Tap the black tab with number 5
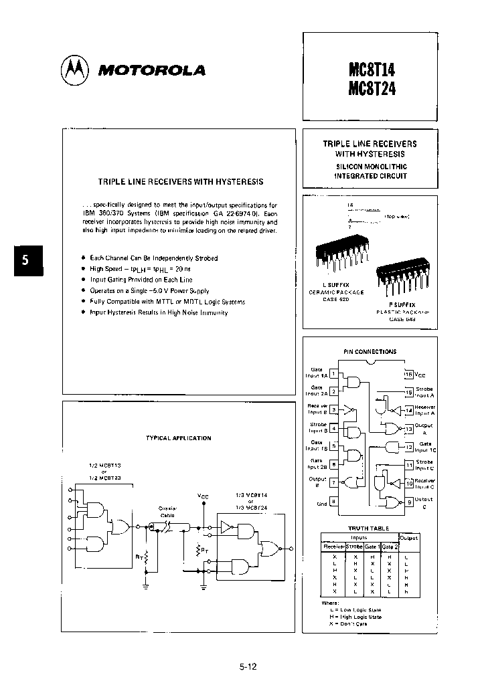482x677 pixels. pos(25,261)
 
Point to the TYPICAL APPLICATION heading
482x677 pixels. pos(178,438)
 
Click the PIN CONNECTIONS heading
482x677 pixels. pos(370,351)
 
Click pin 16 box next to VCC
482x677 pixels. pos(408,374)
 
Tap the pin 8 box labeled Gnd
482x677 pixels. pos(333,500)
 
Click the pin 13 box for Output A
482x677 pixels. pos(408,429)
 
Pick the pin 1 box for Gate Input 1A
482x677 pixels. pos(333,374)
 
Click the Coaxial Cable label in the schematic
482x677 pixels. pos(167,511)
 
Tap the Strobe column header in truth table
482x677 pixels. pos(354,547)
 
